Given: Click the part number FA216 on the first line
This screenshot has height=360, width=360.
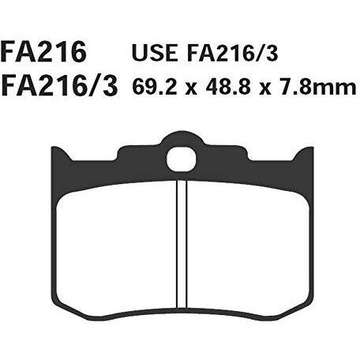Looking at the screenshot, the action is [43, 52].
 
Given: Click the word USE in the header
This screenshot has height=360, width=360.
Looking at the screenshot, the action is [155, 53].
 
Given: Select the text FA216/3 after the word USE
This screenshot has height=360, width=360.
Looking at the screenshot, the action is [232, 53].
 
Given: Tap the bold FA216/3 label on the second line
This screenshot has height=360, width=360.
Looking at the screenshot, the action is [59, 86].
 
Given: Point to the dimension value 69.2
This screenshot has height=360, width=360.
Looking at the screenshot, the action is [154, 86].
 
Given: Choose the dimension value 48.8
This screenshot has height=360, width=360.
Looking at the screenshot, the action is [228, 86].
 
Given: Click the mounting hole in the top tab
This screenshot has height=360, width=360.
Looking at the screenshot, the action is [182, 159].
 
